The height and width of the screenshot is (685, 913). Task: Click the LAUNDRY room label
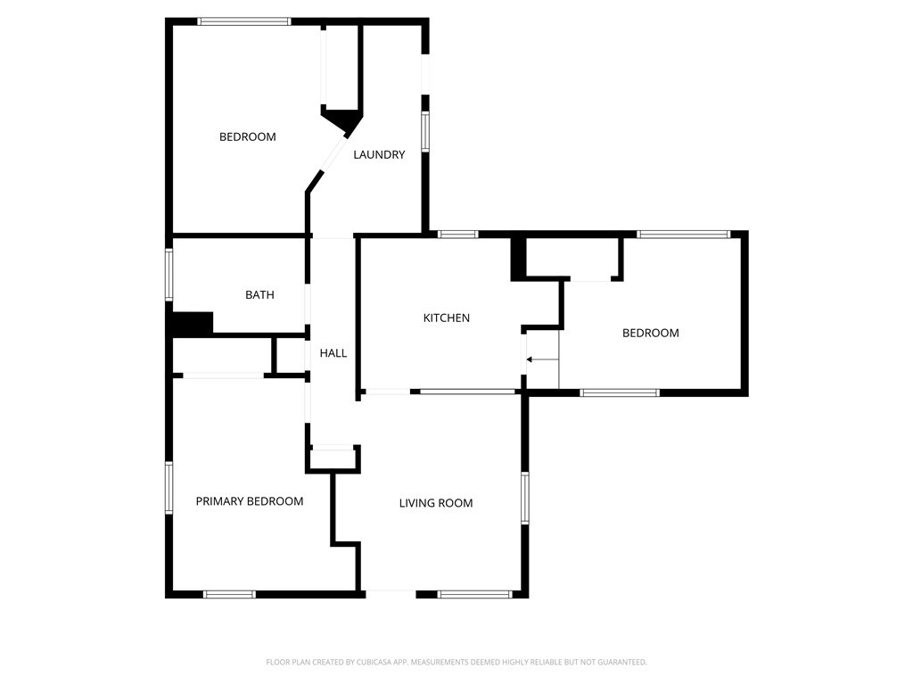(x=379, y=154)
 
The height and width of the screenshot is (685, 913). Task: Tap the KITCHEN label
(x=446, y=318)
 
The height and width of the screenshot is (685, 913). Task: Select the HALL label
(x=333, y=353)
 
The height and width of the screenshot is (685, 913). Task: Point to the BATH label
(x=259, y=294)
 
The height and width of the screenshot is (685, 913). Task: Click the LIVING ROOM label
(x=436, y=503)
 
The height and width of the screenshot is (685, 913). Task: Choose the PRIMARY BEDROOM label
(x=250, y=501)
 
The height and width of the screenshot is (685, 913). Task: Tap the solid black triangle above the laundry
(x=343, y=120)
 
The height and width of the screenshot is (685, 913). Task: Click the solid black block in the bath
(x=192, y=323)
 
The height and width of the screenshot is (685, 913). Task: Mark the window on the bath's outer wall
(x=168, y=272)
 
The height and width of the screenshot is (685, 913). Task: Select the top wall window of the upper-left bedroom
(x=244, y=21)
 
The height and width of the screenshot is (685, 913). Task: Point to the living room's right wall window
(x=525, y=497)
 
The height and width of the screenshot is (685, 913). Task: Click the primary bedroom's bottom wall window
(x=230, y=593)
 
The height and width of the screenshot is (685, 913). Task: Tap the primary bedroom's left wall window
(x=168, y=487)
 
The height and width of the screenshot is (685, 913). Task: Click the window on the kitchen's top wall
(x=458, y=235)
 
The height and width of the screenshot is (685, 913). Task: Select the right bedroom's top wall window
(x=684, y=235)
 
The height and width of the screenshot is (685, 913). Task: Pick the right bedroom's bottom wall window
(x=620, y=392)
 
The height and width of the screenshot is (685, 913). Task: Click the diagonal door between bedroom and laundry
(x=327, y=161)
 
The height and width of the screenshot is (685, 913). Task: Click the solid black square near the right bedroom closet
(x=519, y=260)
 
